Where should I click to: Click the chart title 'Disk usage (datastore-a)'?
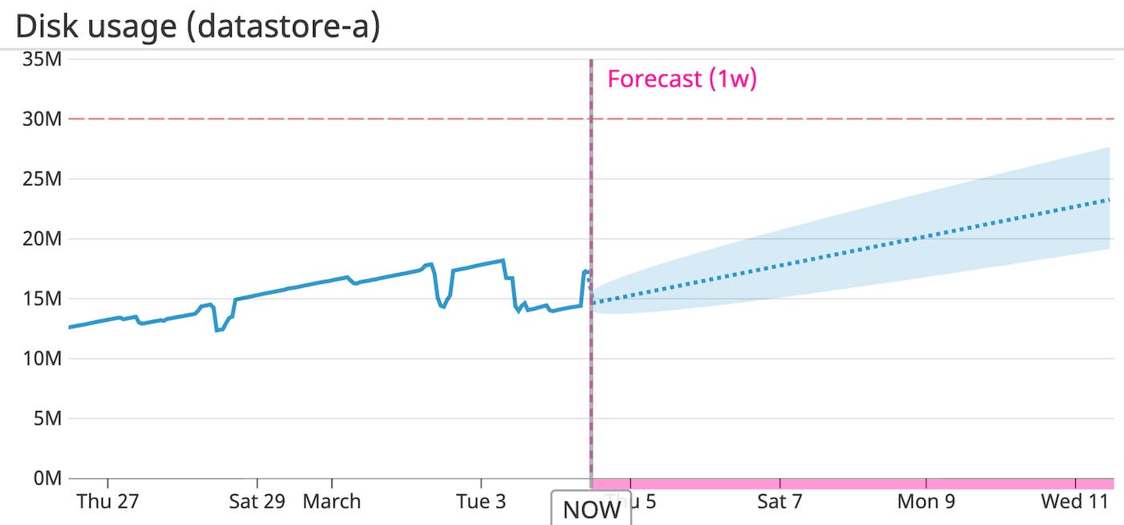pyautogui.click(x=198, y=26)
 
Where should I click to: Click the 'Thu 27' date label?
pyautogui.click(x=108, y=502)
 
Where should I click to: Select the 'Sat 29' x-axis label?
pyautogui.click(x=257, y=502)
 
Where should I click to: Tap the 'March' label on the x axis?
pyautogui.click(x=332, y=502)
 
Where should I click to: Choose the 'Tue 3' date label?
pyautogui.click(x=481, y=502)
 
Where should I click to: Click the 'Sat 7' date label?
pyautogui.click(x=780, y=502)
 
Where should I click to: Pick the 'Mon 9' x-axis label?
pyautogui.click(x=926, y=502)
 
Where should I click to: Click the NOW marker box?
pyautogui.click(x=591, y=509)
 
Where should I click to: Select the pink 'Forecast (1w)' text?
pyautogui.click(x=682, y=79)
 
